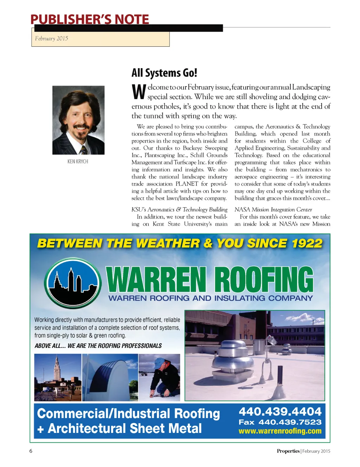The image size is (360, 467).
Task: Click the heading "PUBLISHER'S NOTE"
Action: pos(90,19)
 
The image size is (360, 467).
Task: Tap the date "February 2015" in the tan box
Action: pos(52,39)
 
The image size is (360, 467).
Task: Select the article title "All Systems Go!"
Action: pos(164,73)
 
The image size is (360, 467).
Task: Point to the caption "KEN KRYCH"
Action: pos(78,162)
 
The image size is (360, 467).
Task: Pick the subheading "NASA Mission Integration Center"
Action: pos(273,210)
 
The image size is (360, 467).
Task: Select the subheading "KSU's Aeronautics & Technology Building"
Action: pos(179,210)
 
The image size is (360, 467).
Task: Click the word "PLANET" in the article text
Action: pos(187,184)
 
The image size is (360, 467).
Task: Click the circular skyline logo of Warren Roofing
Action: pos(72,283)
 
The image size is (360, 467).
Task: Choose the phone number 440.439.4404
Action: pos(280,411)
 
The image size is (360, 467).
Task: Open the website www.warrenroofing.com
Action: pos(280,431)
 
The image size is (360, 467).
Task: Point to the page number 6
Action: pos(31,451)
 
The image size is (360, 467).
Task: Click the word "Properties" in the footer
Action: pos(288,451)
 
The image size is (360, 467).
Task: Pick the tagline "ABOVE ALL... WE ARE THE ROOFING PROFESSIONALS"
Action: pos(98,346)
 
